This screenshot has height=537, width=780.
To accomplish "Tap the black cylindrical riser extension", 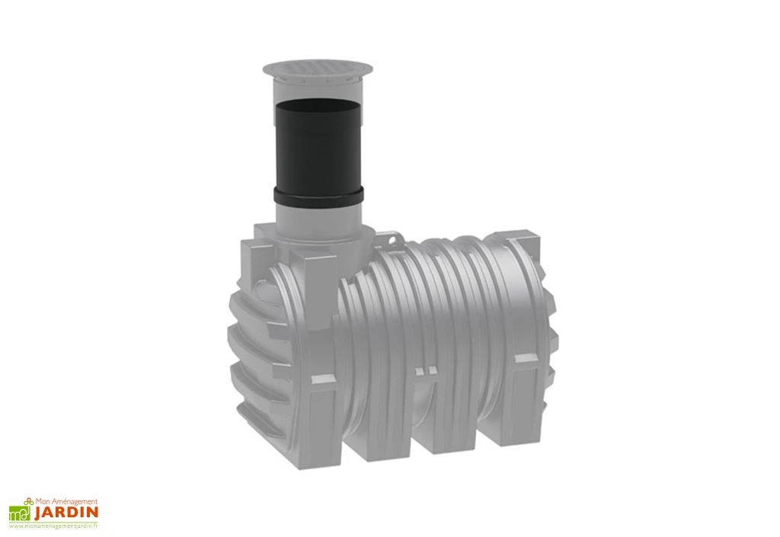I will pos(318,145).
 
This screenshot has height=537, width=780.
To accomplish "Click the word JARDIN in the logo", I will pos(64,512).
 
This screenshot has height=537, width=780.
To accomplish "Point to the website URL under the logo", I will pos(53,526).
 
